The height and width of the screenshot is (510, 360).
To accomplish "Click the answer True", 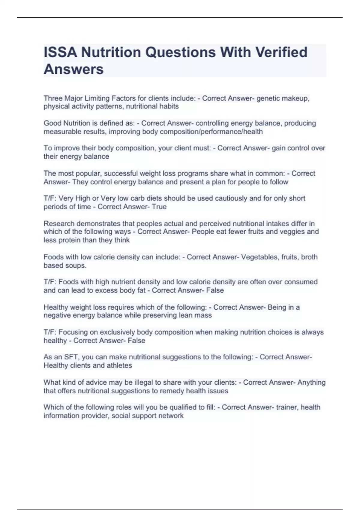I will (159, 207).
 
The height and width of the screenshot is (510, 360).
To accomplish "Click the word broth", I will (309, 257).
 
